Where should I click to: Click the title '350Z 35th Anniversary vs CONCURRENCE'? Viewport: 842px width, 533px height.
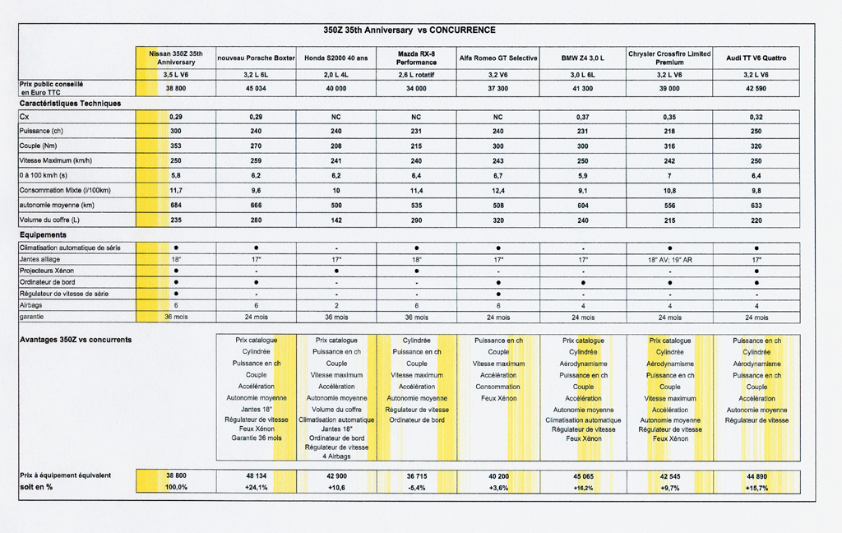(x=409, y=30)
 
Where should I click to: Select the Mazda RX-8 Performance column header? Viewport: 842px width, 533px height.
(x=416, y=58)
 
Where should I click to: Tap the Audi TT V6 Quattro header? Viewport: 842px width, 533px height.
(x=756, y=58)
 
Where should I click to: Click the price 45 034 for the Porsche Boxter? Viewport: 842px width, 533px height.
(x=256, y=88)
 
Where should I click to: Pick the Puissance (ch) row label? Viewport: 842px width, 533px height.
(x=41, y=131)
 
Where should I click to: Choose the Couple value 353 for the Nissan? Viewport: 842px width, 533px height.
(x=175, y=146)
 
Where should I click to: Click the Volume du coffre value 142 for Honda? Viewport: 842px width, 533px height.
(x=335, y=220)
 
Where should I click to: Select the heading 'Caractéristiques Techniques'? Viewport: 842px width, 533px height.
(x=70, y=104)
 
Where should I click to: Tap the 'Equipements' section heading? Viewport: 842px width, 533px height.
(x=44, y=235)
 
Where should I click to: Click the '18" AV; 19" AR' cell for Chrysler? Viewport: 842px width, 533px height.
(x=669, y=260)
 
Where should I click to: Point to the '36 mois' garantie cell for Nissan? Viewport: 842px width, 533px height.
(x=175, y=317)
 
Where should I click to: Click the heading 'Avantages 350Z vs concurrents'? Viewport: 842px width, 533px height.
(x=76, y=340)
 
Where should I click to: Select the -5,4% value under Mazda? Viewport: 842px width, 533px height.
(x=416, y=488)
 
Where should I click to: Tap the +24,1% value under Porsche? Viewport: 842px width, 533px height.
(x=256, y=488)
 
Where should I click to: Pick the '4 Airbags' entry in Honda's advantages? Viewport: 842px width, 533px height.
(x=335, y=456)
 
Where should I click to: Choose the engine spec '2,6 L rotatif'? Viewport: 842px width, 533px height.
(x=416, y=74)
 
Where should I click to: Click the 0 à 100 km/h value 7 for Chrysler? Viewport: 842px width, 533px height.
(x=669, y=175)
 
